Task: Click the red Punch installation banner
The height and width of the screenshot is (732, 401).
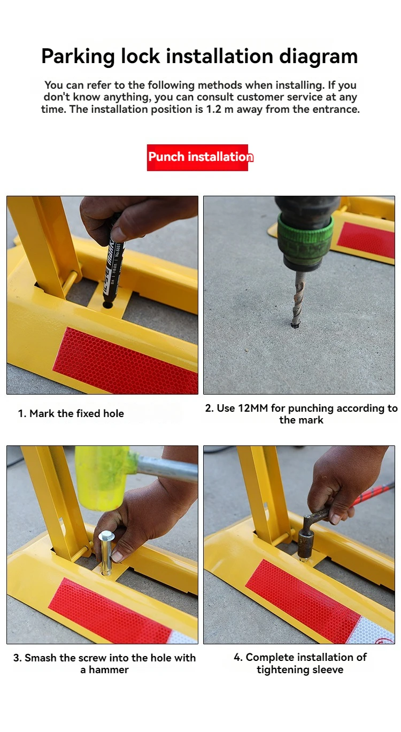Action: [x=197, y=158]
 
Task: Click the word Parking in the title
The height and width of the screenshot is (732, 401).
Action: [x=78, y=57]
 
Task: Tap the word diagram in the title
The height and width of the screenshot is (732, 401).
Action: [x=318, y=57]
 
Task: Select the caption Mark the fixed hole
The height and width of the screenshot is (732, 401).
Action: [x=71, y=413]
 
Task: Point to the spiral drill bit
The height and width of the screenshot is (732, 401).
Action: [x=298, y=299]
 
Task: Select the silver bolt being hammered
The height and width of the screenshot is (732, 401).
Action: [x=106, y=552]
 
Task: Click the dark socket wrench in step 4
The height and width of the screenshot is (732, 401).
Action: [x=312, y=533]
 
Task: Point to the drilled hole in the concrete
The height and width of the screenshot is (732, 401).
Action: [x=295, y=326]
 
